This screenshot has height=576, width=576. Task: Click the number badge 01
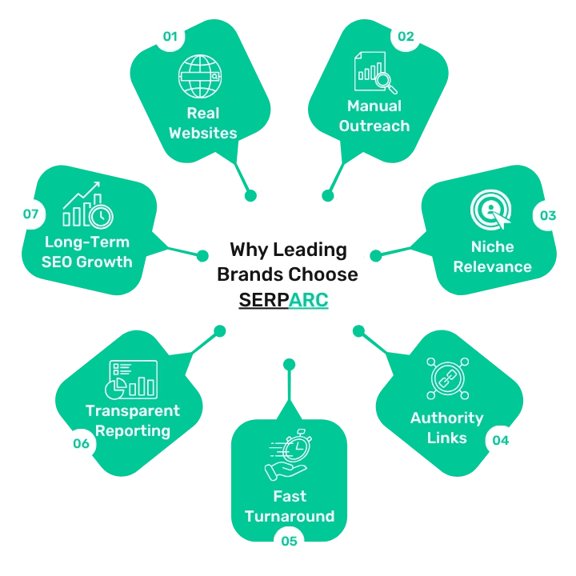tap(170, 36)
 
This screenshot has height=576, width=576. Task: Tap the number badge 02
tap(406, 36)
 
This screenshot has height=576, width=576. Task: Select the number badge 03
tap(547, 215)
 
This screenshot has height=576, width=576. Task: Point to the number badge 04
tap(500, 440)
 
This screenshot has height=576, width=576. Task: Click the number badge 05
tap(289, 541)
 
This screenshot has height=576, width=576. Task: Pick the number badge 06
tap(81, 443)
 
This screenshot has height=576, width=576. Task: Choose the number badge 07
tap(31, 214)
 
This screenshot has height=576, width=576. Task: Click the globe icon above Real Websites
tap(200, 77)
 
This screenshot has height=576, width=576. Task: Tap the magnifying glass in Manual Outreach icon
tap(386, 83)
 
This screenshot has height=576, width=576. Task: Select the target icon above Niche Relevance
tap(490, 210)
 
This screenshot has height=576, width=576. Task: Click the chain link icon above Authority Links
tap(447, 378)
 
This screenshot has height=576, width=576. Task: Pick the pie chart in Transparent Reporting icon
tap(115, 389)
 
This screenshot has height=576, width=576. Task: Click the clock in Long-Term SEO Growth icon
tap(102, 216)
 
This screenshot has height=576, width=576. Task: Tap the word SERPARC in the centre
tap(283, 300)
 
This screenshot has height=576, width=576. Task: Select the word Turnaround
tap(290, 516)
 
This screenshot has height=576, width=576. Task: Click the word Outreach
tap(374, 126)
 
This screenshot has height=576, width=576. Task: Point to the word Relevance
tap(492, 266)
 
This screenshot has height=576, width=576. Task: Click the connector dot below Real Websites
tap(250, 195)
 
